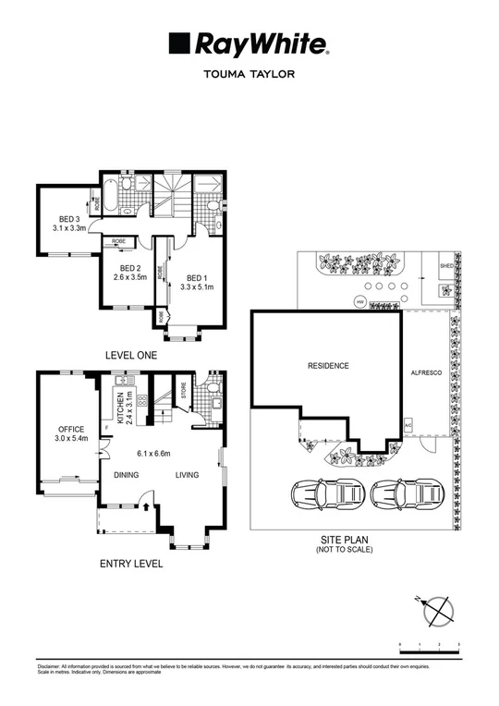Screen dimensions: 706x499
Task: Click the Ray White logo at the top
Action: coord(249,43)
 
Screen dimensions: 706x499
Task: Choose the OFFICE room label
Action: coord(71,429)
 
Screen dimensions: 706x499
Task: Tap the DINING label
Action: coord(127,476)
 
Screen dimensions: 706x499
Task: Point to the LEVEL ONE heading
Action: coord(131,355)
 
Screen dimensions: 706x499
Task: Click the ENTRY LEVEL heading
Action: coord(131,563)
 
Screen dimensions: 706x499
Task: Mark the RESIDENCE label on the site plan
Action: coord(328,366)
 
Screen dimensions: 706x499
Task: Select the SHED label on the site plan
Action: coord(447,263)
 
